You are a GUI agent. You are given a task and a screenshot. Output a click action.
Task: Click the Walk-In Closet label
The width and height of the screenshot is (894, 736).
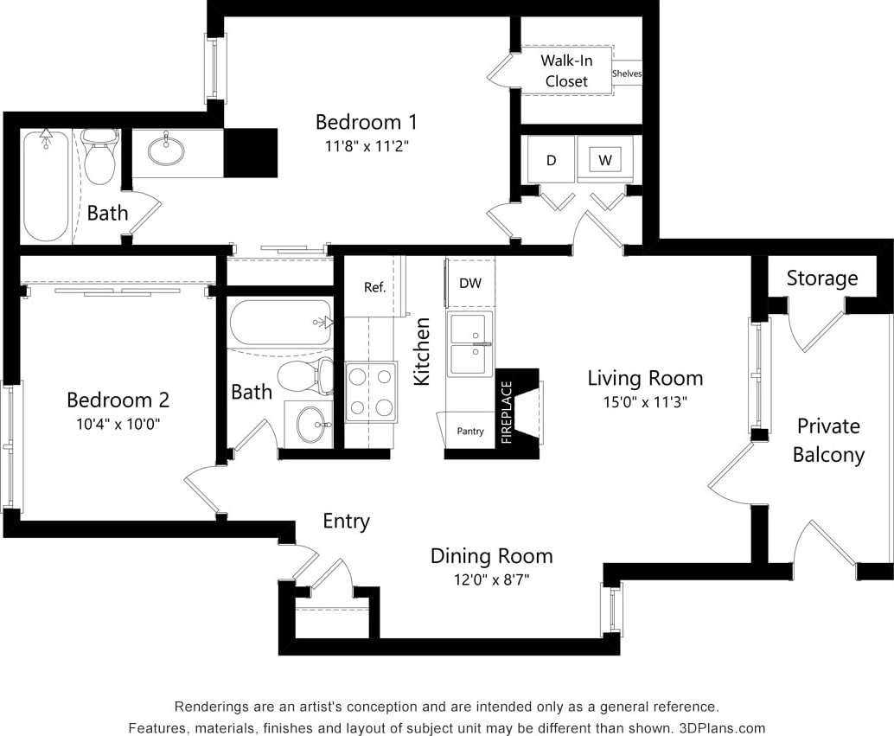point(565,71)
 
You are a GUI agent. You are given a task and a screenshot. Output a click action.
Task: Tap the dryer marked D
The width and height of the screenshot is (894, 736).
point(551,160)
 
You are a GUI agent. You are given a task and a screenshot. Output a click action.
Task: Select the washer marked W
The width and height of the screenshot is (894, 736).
point(605,160)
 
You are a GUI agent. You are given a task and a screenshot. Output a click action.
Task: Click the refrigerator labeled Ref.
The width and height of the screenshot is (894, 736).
point(374,287)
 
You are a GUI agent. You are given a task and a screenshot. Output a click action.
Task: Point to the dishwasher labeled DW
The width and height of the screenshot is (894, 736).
point(470,284)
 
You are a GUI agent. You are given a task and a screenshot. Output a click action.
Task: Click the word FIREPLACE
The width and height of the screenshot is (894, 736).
point(508,413)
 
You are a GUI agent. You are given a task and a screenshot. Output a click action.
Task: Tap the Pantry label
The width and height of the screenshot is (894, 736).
point(470,431)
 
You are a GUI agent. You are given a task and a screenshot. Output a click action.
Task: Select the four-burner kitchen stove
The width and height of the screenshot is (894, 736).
point(371,392)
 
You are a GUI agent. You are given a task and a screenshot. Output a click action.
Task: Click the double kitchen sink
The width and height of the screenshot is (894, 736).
point(470,344)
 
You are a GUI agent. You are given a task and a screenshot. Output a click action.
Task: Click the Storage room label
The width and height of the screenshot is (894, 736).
point(821,278)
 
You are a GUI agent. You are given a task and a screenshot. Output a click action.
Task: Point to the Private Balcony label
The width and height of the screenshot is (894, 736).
point(828,440)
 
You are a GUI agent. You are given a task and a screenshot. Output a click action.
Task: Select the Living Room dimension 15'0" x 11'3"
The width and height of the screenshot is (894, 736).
point(645,401)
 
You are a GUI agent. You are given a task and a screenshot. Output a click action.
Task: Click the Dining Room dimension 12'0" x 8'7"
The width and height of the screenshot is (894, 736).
point(491,579)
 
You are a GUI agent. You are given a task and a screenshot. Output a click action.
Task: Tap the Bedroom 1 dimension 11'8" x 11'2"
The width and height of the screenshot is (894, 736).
point(361,146)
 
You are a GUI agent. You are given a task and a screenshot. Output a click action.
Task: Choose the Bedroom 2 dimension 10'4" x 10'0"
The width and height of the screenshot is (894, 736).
point(118,424)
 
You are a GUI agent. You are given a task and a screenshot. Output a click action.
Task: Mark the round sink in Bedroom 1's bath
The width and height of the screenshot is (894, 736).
point(166,151)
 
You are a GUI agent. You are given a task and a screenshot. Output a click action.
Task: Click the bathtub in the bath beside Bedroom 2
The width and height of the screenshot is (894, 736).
point(280,323)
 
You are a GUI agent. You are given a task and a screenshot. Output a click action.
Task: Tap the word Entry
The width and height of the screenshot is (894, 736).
point(346,522)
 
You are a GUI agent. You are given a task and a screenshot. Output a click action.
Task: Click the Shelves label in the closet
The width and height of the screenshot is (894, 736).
point(627,74)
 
